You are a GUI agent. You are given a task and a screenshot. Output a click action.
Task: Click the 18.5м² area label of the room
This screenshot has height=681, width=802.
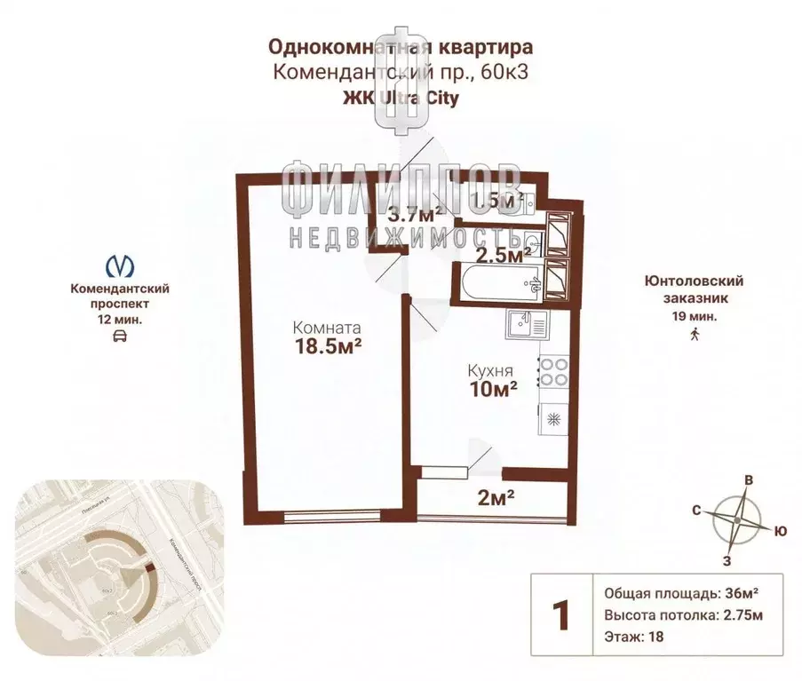[327, 346]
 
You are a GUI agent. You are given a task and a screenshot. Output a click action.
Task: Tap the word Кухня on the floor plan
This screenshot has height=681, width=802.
[491, 368]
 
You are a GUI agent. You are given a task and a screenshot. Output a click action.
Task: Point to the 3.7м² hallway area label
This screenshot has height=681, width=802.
[416, 214]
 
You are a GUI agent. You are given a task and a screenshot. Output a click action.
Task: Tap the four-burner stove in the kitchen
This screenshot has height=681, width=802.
[554, 371]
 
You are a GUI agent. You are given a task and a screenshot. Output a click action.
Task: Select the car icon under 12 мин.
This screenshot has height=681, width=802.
[120, 336]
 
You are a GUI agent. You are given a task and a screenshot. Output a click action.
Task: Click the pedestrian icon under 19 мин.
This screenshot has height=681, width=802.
[695, 334]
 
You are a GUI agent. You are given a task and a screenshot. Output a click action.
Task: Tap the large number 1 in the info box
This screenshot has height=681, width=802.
[560, 614]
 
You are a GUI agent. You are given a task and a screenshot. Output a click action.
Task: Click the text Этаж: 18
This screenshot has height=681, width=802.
[633, 636]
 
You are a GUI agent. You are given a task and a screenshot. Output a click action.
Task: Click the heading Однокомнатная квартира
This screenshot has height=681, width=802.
[401, 45]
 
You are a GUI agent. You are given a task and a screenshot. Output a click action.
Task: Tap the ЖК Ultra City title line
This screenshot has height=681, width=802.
[401, 99]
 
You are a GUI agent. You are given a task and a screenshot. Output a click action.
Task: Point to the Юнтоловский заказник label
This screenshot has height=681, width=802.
[694, 289]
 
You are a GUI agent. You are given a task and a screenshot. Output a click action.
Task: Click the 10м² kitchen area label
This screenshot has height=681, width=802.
[494, 387]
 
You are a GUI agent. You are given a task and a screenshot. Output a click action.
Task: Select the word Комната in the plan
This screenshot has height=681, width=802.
[328, 326]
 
